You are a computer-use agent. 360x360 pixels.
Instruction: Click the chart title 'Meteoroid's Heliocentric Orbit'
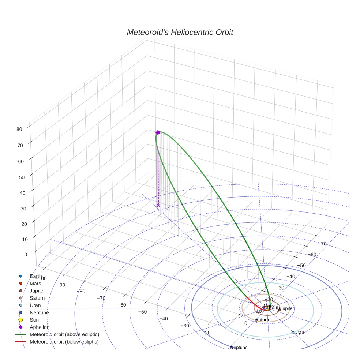(x=180, y=32)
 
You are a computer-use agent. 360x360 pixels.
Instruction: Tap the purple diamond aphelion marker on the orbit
(x=158, y=132)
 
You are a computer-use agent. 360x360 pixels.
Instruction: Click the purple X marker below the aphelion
(x=158, y=206)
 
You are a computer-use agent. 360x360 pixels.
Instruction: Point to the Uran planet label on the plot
(x=299, y=333)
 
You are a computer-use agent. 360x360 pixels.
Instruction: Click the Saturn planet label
(x=262, y=320)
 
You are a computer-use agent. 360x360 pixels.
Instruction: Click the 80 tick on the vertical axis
(x=19, y=129)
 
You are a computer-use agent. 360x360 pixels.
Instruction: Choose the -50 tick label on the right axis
(x=301, y=265)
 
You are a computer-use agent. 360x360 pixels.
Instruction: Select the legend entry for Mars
(x=35, y=283)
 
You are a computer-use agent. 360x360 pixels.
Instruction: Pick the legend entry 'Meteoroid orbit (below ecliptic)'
(x=64, y=342)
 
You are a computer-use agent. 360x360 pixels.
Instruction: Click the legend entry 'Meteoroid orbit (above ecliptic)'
(x=64, y=334)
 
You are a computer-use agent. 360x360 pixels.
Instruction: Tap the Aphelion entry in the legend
(x=40, y=327)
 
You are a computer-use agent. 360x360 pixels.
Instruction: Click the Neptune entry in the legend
(x=39, y=312)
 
